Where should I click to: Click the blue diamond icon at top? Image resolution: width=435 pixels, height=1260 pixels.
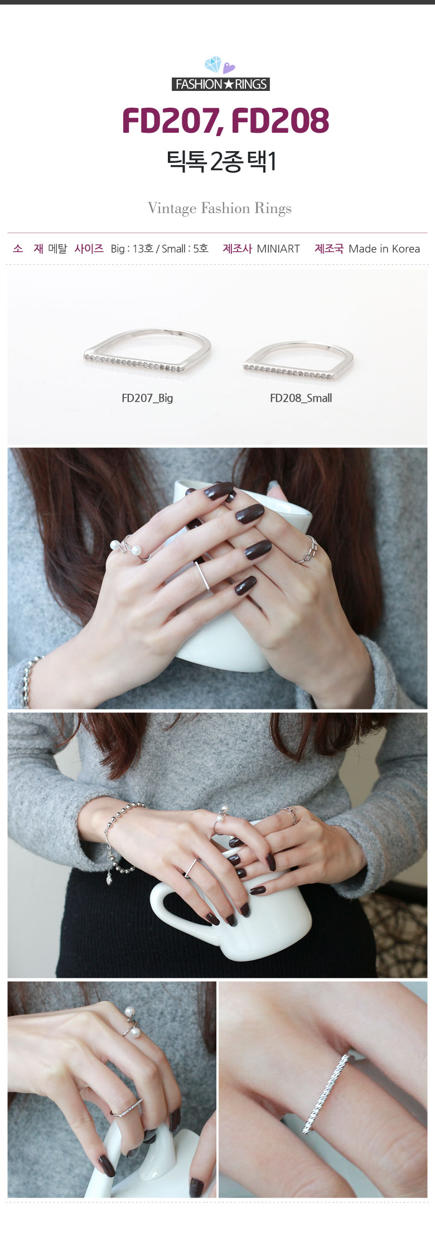(213, 65)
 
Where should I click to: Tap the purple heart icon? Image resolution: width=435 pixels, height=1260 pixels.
(229, 68)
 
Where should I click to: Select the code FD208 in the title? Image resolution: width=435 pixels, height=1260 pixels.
(280, 120)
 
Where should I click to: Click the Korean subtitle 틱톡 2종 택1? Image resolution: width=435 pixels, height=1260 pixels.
(221, 162)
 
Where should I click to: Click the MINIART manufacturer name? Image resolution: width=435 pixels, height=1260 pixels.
(278, 249)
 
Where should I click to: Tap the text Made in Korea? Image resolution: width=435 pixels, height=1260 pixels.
(384, 249)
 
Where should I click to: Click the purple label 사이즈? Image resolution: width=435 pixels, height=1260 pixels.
(89, 249)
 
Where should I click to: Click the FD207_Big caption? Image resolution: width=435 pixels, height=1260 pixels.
(147, 398)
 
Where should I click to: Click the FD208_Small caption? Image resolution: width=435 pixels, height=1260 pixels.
(301, 398)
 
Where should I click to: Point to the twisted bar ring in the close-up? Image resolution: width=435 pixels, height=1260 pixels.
(325, 1093)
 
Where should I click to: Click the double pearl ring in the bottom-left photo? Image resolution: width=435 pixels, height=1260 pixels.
(132, 1022)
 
